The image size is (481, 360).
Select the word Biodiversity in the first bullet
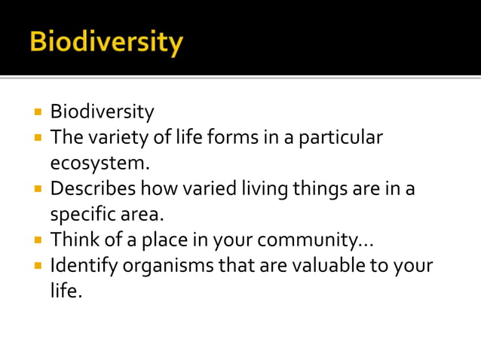tap(102, 112)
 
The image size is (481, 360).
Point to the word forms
tap(229, 138)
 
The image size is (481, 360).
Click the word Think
tap(73, 240)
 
